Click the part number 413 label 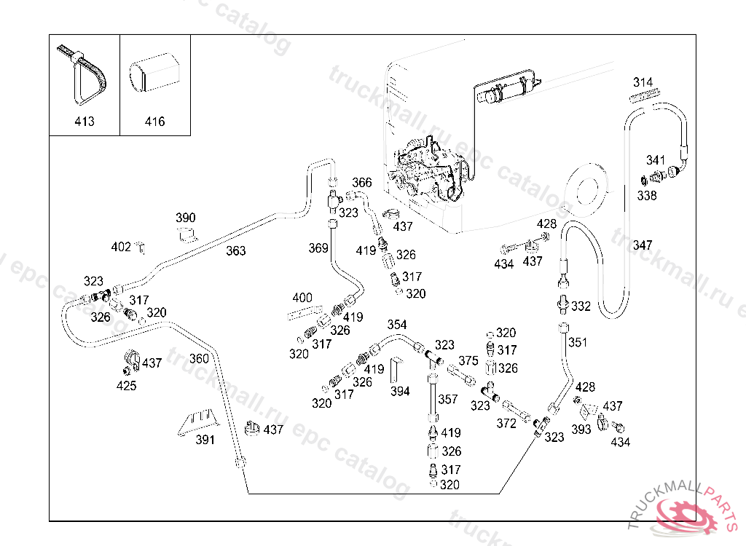point(85,122)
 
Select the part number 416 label point(154,122)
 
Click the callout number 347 point(643,245)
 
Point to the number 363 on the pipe point(235,251)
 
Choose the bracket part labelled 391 point(197,423)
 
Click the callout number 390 point(186,218)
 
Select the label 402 point(121,247)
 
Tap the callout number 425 point(126,386)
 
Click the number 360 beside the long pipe point(199,358)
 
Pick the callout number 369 point(318,248)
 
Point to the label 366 point(362,183)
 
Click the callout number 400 point(302,298)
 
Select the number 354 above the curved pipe point(397,325)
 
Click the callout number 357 point(448,400)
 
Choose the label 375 point(468,360)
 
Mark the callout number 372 point(506,423)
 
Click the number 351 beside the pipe point(578,342)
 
